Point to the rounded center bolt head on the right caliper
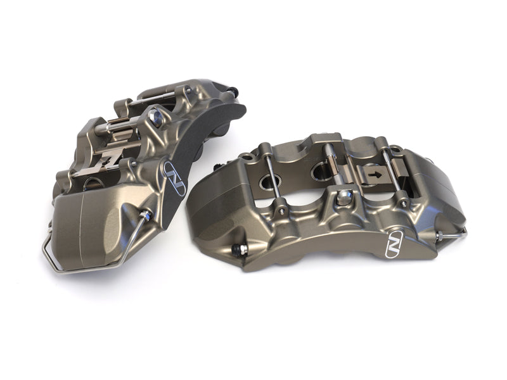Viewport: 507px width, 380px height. click(x=343, y=198)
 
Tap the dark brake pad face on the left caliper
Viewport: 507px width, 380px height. click(x=209, y=152)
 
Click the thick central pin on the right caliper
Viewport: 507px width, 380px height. click(x=331, y=168)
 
